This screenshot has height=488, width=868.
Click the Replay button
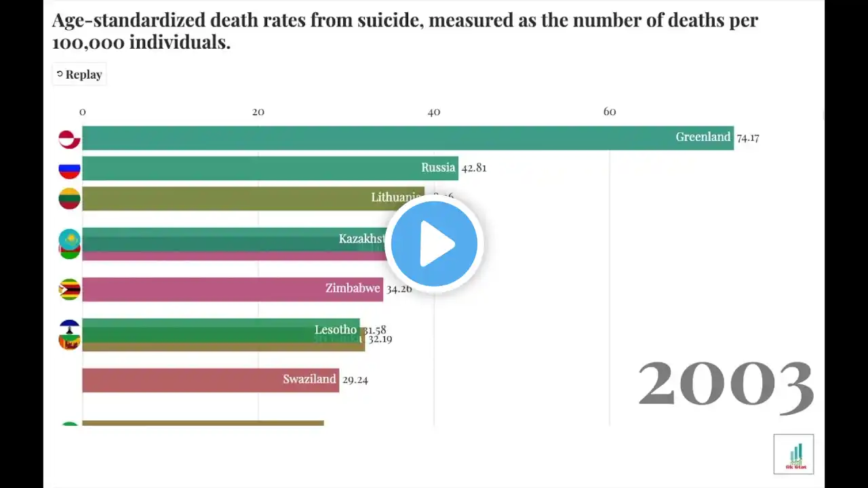coord(79,75)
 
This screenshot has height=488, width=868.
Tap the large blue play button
coord(434,243)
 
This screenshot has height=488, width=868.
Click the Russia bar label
coord(438,167)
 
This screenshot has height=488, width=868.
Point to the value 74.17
coord(748,138)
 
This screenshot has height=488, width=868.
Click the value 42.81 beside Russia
coord(474,168)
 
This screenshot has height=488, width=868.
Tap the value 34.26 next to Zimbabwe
coord(399,289)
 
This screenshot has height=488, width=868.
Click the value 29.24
coord(355,380)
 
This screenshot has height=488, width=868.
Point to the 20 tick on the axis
coord(258,112)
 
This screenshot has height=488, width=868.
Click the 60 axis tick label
coord(610,112)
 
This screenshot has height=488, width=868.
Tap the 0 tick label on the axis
coord(83,112)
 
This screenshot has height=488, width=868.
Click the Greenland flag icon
coord(69,139)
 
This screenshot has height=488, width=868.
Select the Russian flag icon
coord(69,169)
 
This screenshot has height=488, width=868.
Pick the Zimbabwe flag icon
coord(69,289)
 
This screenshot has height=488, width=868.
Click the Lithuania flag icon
coord(69,199)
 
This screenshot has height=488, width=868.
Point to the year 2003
coord(726,384)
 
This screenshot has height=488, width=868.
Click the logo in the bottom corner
coord(793,454)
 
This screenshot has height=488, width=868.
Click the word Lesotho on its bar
coord(335,330)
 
